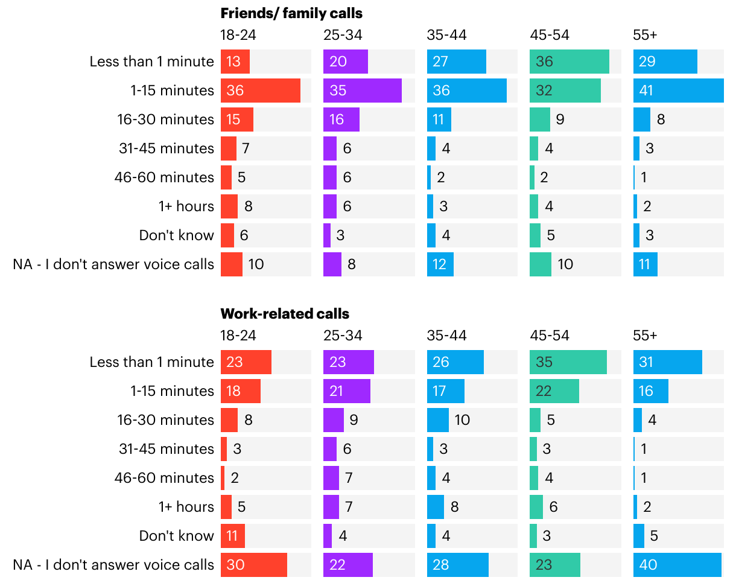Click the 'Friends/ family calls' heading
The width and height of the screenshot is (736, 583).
click(291, 13)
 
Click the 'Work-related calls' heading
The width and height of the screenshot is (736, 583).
click(285, 314)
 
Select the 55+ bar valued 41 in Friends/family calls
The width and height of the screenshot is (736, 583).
click(678, 91)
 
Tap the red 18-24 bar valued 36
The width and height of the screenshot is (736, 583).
click(260, 91)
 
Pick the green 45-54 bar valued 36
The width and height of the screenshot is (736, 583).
click(569, 62)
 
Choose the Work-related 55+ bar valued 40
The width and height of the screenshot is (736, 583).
click(677, 565)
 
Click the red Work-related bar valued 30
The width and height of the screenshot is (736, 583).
click(253, 565)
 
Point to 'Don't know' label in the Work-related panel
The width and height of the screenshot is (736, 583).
click(176, 536)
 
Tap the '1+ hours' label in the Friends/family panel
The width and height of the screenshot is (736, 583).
click(186, 206)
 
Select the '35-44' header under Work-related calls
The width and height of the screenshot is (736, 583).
click(446, 336)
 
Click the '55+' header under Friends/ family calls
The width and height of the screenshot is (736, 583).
click(645, 35)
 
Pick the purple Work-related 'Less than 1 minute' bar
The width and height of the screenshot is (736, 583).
click(348, 362)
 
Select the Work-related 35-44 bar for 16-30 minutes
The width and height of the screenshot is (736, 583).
click(437, 420)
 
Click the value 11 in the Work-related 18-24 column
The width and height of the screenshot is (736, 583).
click(233, 536)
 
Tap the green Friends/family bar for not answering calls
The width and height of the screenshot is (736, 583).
click(540, 264)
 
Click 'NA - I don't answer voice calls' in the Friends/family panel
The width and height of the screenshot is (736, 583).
click(113, 264)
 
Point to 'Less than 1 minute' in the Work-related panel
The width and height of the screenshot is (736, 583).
click(151, 362)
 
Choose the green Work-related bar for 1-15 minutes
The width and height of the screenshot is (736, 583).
click(554, 391)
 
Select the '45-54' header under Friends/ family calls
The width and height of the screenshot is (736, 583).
click(549, 35)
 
